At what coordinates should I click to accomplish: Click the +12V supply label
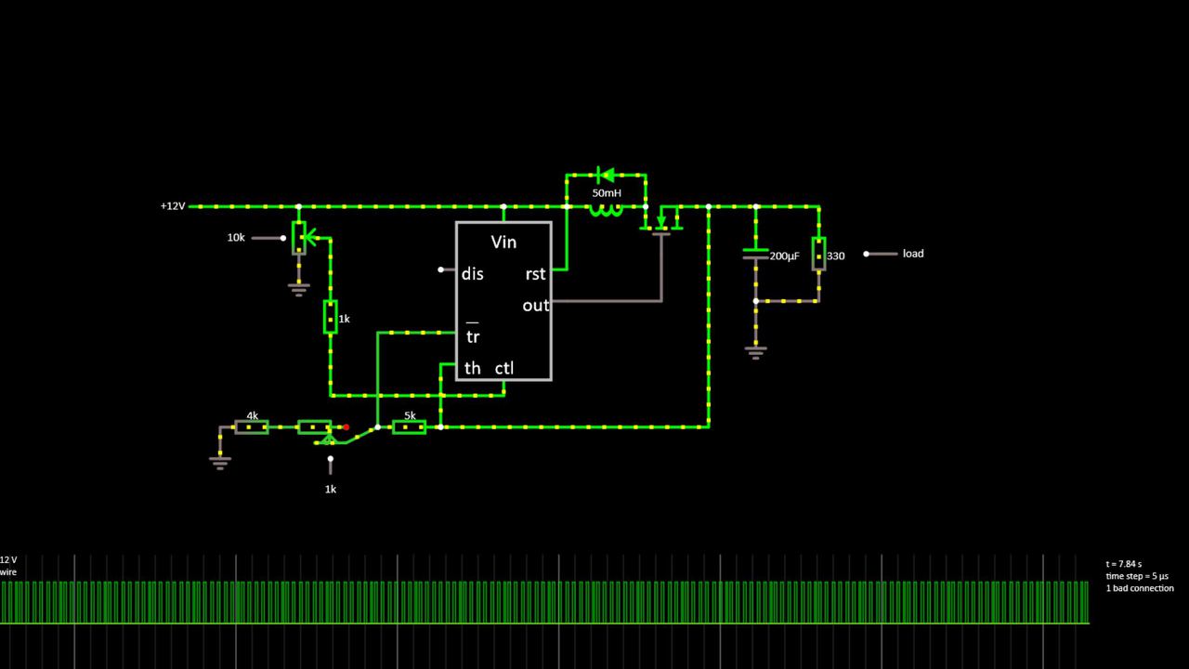click(x=173, y=206)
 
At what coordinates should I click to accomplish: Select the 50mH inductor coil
click(x=606, y=210)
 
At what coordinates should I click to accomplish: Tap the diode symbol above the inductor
click(x=606, y=174)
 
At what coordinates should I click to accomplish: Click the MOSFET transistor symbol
click(x=661, y=221)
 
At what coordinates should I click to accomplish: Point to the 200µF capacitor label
click(x=784, y=256)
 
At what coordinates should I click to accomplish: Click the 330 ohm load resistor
click(x=818, y=254)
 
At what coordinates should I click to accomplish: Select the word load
click(x=913, y=254)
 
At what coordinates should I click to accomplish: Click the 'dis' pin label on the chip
click(x=472, y=274)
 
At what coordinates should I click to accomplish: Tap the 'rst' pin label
click(x=535, y=274)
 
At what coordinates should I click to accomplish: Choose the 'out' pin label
click(x=535, y=306)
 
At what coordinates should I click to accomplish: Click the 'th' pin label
click(x=472, y=369)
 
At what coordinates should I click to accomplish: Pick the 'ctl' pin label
click(x=504, y=369)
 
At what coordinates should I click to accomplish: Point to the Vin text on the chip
click(x=503, y=243)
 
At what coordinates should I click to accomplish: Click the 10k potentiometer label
click(x=236, y=238)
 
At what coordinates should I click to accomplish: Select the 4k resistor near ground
click(x=252, y=427)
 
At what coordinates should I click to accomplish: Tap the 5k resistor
click(x=409, y=427)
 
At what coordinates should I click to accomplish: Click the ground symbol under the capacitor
click(x=755, y=351)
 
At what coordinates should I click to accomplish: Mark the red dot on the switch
click(x=346, y=427)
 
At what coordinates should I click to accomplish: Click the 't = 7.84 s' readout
click(x=1124, y=564)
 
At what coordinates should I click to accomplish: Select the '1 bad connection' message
click(x=1140, y=588)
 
